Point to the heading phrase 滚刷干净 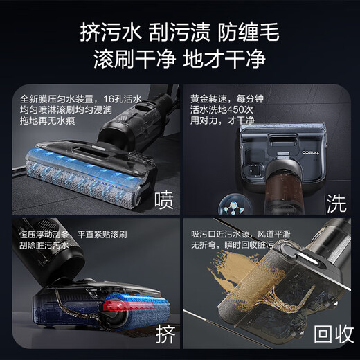132,60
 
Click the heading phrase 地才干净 224,60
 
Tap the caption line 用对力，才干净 221,121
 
